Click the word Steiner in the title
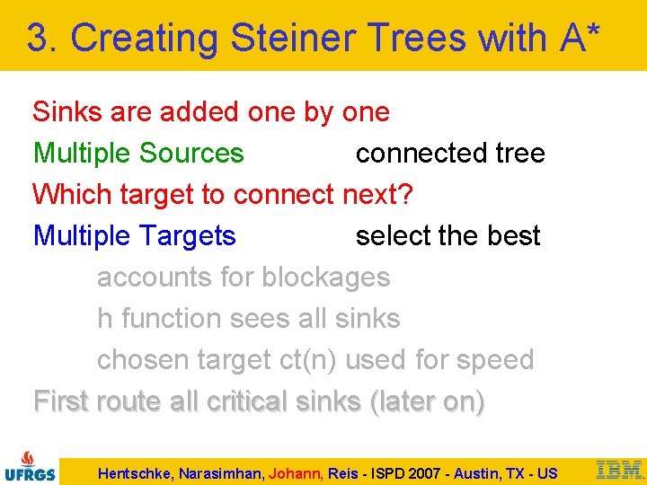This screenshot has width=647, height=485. [282, 38]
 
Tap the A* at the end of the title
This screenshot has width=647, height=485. [584, 38]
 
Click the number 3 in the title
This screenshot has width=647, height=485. [36, 38]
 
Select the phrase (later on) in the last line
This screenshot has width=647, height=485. [427, 401]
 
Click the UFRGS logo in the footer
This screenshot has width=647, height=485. [30, 466]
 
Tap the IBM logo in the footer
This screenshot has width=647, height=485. [619, 469]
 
